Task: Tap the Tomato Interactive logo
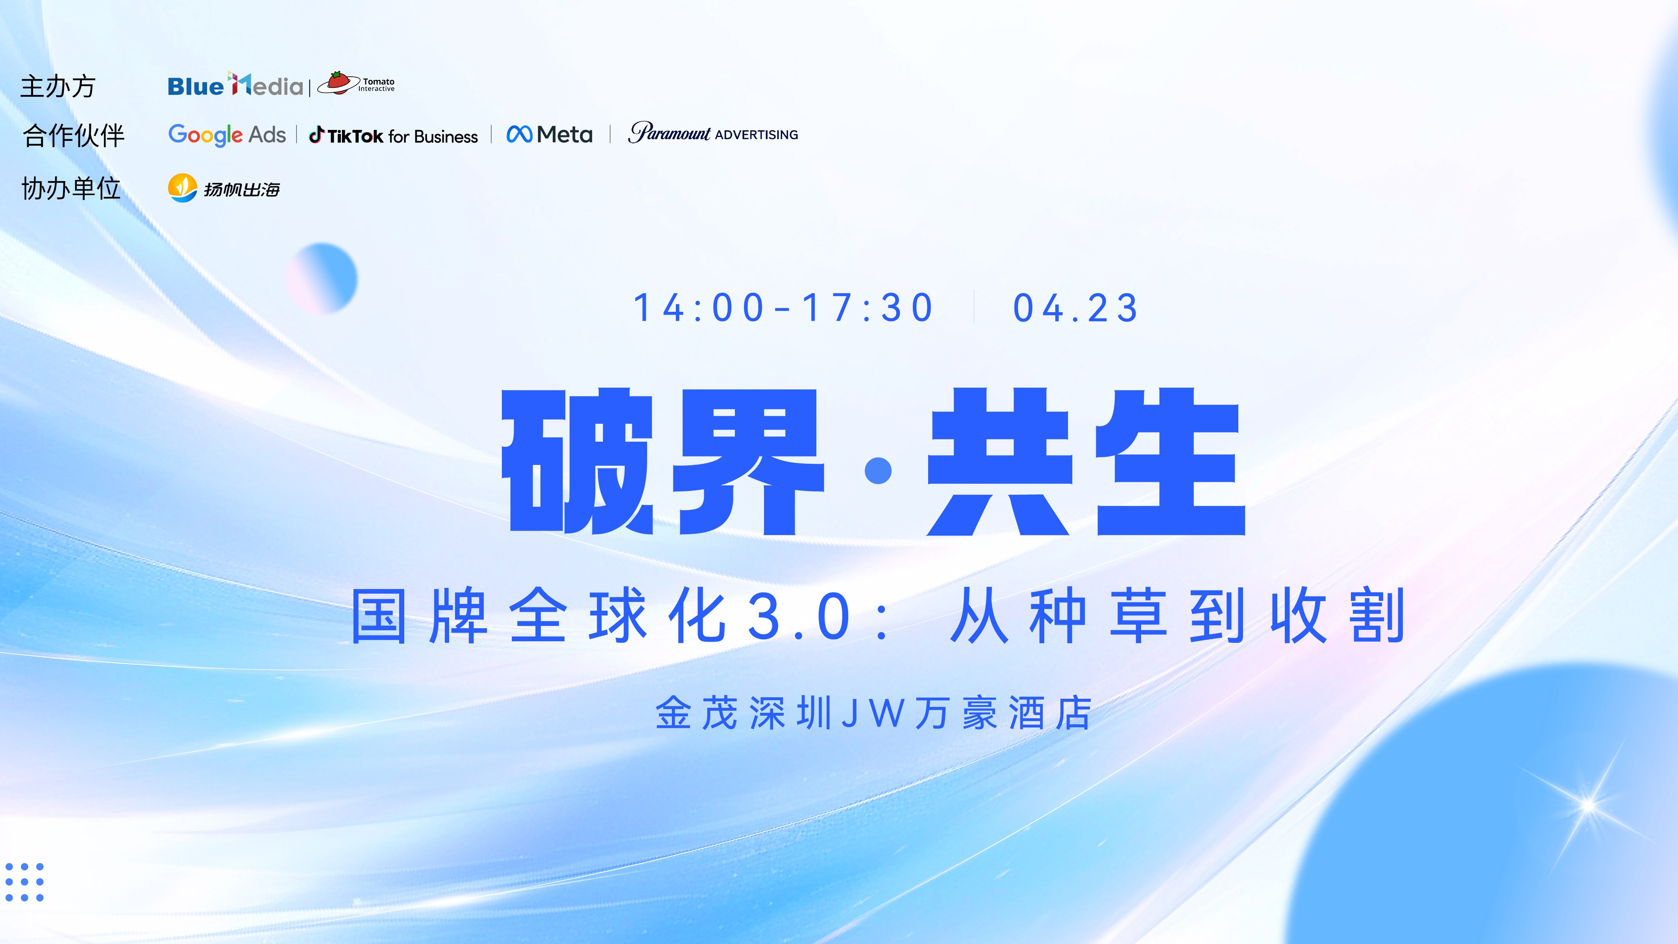(x=356, y=83)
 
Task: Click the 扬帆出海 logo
(x=224, y=188)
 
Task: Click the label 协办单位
(x=71, y=188)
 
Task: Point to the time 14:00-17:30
(x=784, y=307)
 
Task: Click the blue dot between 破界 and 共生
(x=878, y=470)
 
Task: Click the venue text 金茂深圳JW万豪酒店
(x=873, y=713)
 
